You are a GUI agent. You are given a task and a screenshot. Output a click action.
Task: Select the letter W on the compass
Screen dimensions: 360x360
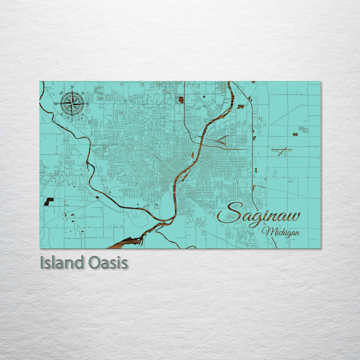point(56,104)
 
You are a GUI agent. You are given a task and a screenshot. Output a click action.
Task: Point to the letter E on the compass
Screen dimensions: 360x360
point(88,104)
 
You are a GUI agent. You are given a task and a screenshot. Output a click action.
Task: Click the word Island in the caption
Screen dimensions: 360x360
point(61,262)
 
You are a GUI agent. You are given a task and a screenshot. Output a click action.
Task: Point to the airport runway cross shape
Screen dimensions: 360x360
point(282,151)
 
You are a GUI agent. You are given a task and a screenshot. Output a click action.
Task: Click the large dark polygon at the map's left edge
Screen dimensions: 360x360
point(48,201)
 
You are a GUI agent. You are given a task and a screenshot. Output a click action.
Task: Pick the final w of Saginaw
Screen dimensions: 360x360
point(293,216)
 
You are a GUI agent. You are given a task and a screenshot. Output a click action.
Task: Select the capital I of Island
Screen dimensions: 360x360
point(41,262)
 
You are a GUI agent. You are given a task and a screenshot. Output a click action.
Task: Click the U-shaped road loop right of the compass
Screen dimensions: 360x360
point(99,90)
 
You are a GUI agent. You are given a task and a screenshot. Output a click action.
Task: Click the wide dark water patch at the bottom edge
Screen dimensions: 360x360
point(129,242)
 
